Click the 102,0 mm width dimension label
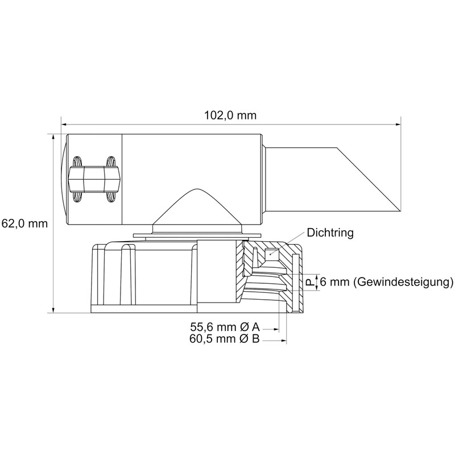pyautogui.click(x=230, y=115)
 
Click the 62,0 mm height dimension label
pyautogui.click(x=24, y=224)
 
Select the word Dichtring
pyautogui.click(x=330, y=233)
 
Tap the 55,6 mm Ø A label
pyautogui.click(x=225, y=327)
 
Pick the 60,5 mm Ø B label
pyautogui.click(x=224, y=338)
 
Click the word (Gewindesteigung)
pyautogui.click(x=403, y=282)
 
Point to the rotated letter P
pyautogui.click(x=311, y=282)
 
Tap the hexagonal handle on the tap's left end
pyautogui.click(x=94, y=179)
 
